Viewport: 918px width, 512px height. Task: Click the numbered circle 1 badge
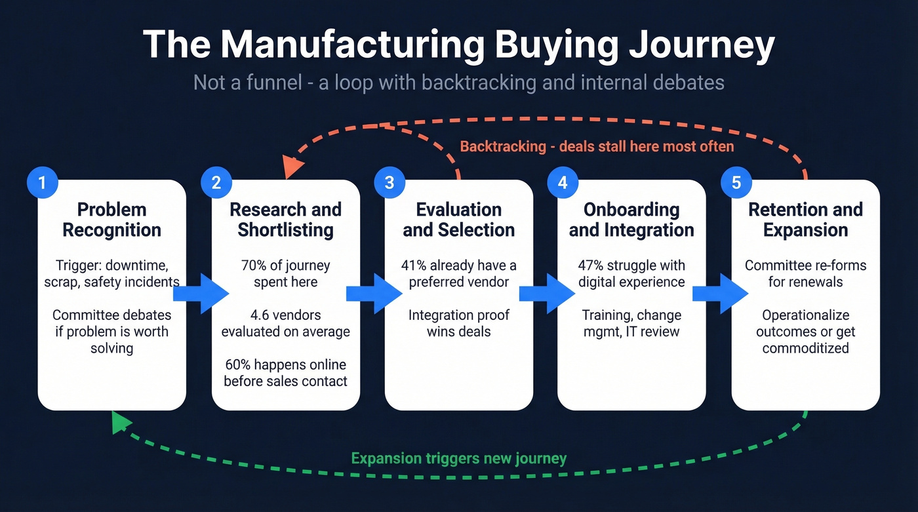tap(43, 182)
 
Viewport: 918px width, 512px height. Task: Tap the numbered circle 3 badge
tap(389, 182)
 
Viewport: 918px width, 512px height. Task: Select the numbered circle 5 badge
tap(736, 182)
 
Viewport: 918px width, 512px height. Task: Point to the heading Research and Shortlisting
tap(285, 220)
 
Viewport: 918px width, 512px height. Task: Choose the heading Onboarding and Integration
tap(631, 220)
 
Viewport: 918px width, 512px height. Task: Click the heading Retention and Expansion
tap(805, 220)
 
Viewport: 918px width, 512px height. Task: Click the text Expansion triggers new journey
tap(458, 458)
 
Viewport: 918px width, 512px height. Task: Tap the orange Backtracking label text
tap(597, 146)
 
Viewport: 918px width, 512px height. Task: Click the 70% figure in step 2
tap(254, 266)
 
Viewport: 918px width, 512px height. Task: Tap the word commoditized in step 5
tap(805, 347)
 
